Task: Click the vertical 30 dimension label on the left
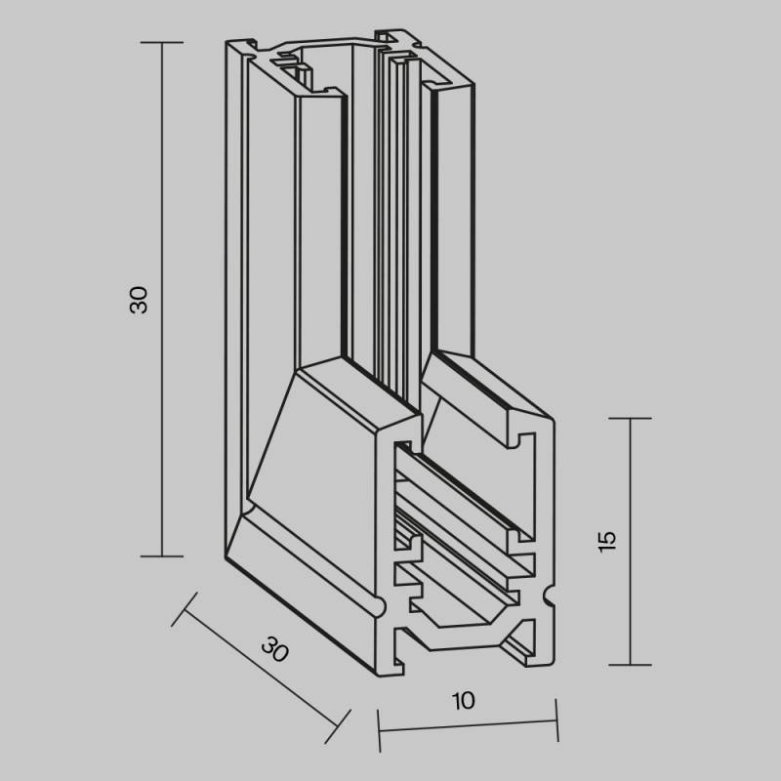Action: tap(140, 300)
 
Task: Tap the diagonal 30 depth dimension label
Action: tap(276, 649)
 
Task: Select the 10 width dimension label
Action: tap(463, 700)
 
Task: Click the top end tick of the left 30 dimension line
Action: tap(161, 43)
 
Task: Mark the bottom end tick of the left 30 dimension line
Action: tap(161, 556)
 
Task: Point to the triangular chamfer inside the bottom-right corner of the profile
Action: tap(519, 648)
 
